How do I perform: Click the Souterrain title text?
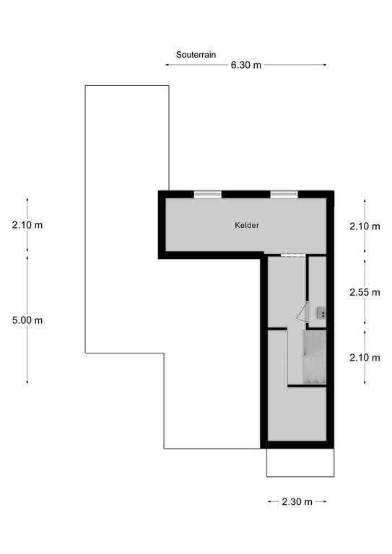196,55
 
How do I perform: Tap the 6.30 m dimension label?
246,65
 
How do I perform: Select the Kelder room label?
247,225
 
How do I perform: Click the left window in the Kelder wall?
207,194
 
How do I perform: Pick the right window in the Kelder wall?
284,194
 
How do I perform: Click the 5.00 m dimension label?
27,320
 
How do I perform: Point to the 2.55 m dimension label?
365,293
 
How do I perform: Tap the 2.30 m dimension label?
297,502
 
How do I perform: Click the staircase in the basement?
315,357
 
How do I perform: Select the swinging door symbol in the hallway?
302,312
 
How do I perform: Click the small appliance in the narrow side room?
321,312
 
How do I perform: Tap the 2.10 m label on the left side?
27,225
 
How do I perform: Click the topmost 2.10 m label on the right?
365,227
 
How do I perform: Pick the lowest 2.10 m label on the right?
365,358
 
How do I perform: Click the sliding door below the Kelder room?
293,255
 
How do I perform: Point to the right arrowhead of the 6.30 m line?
324,65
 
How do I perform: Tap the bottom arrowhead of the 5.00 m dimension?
27,382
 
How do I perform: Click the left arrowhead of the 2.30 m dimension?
270,502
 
